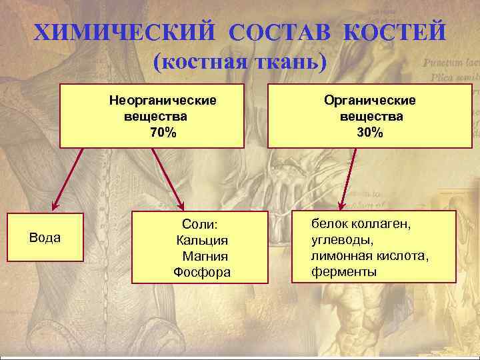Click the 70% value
[x=163, y=132]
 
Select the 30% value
[x=370, y=132]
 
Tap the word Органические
[x=370, y=100]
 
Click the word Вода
[x=45, y=237]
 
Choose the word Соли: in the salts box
[x=201, y=225]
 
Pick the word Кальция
[x=202, y=241]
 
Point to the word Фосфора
[x=202, y=271]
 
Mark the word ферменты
[x=344, y=271]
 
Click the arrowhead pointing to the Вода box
[x=57, y=205]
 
